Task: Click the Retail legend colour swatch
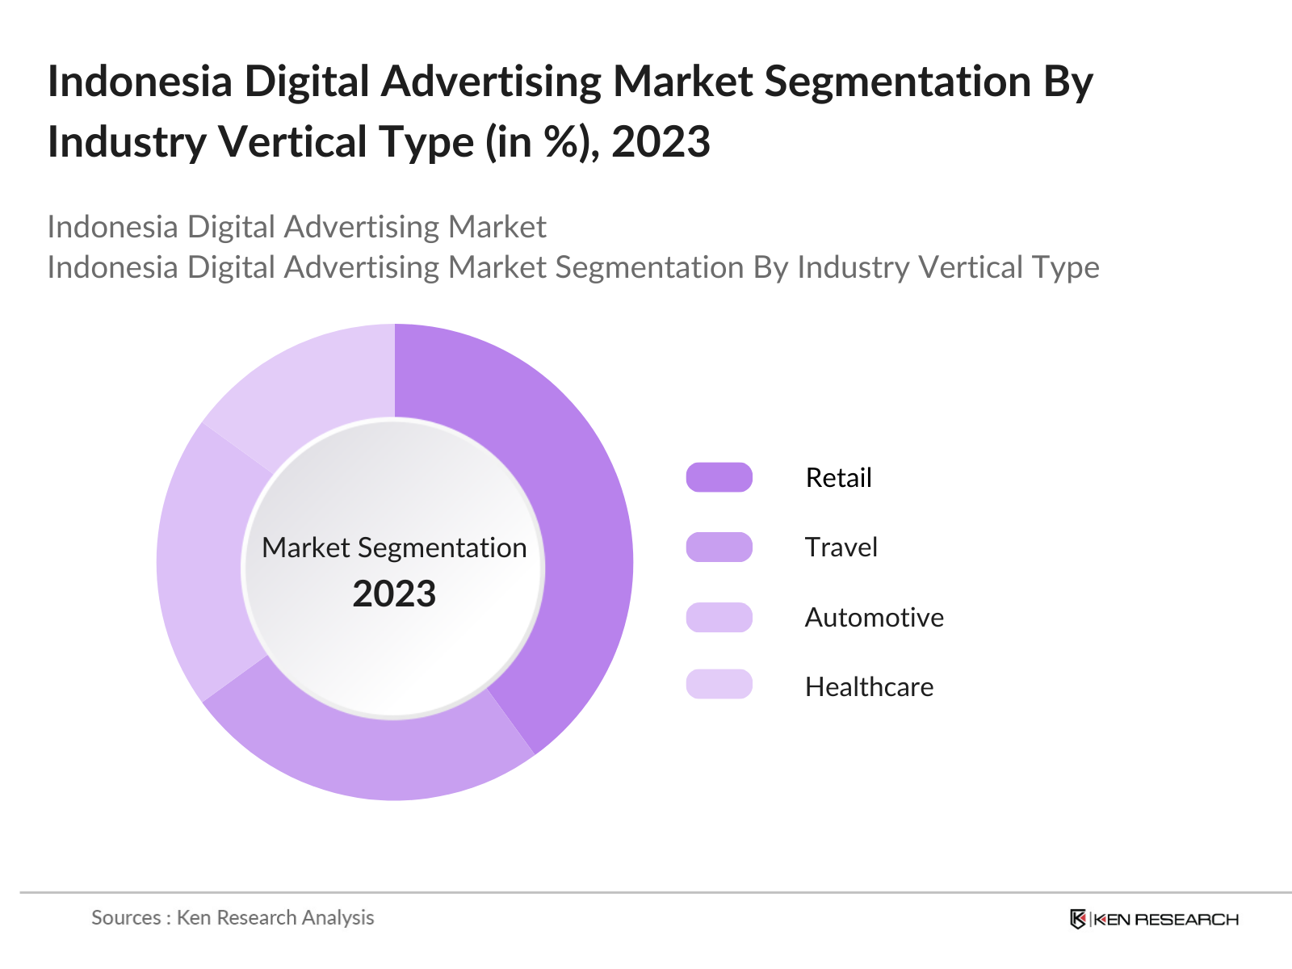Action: [719, 477]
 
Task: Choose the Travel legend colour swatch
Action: [719, 547]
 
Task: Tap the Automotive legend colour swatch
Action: [719, 617]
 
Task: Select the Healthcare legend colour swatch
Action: [719, 685]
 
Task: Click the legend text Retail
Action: [838, 478]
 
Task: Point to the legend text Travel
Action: [841, 547]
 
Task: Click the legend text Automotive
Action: [874, 618]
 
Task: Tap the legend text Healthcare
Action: [869, 687]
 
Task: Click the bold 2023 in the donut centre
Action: [394, 594]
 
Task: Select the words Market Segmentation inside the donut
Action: [394, 548]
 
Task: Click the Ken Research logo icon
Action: [1077, 919]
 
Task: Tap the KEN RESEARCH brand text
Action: [1165, 919]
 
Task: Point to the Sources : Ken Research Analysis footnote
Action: [233, 917]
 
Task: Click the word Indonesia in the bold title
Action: [140, 82]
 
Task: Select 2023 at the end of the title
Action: [661, 142]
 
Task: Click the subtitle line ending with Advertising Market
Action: [296, 227]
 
